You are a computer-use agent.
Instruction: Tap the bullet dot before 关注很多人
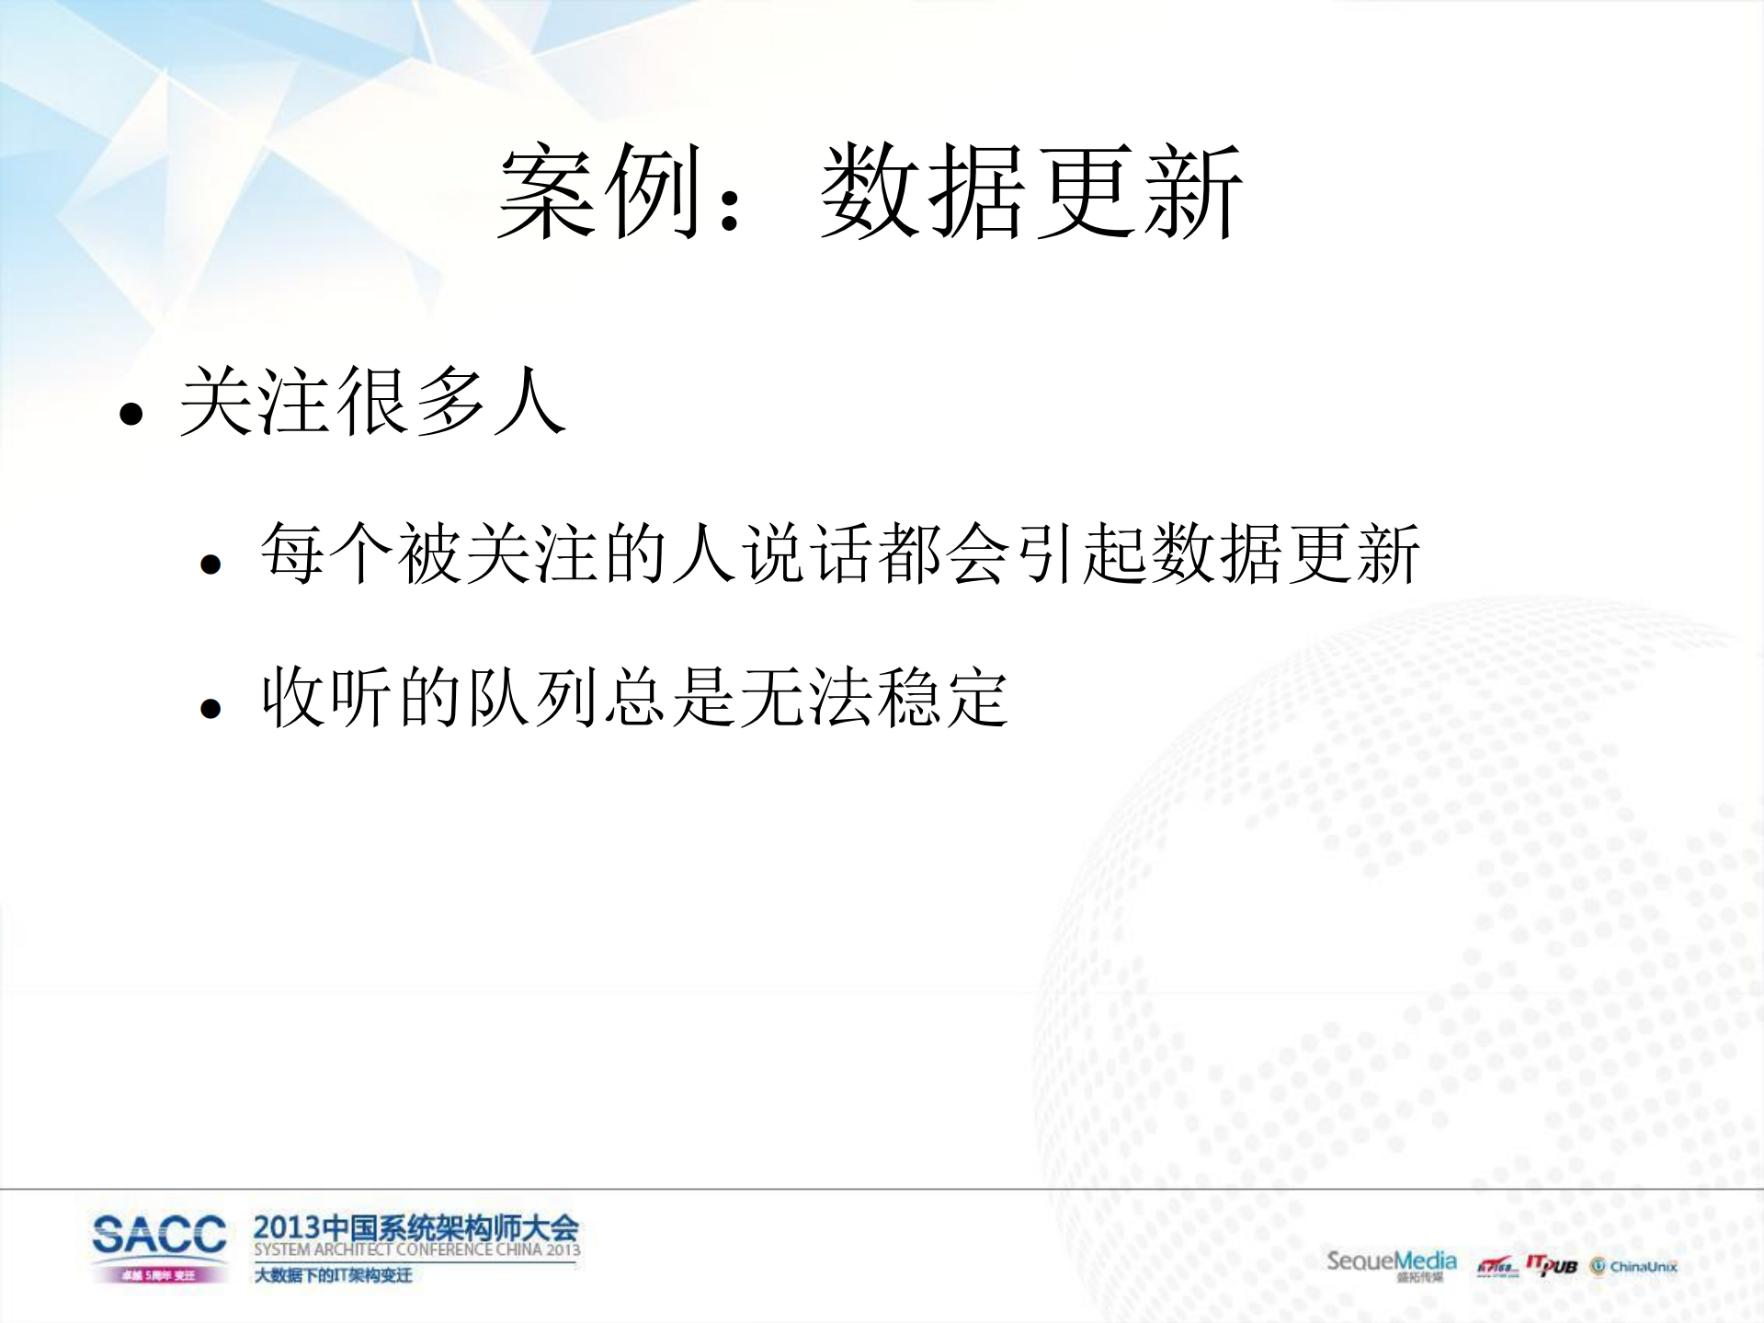pyautogui.click(x=131, y=414)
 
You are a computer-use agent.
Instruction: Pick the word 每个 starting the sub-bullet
pyautogui.click(x=327, y=553)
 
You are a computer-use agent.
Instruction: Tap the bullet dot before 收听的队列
pyautogui.click(x=211, y=708)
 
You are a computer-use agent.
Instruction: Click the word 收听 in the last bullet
pyautogui.click(x=327, y=698)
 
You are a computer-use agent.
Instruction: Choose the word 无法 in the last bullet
pyautogui.click(x=805, y=698)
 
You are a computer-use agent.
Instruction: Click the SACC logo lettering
pyautogui.click(x=159, y=1235)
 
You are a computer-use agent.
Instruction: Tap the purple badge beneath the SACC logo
pyautogui.click(x=159, y=1275)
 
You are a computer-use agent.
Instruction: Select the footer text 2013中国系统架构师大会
pyautogui.click(x=415, y=1227)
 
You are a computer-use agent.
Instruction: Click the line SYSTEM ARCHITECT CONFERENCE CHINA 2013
pyautogui.click(x=416, y=1250)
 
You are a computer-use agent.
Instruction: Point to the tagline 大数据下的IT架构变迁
pyautogui.click(x=333, y=1275)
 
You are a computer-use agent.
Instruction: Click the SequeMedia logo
pyautogui.click(x=1391, y=1262)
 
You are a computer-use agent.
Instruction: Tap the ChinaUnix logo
pyautogui.click(x=1634, y=1267)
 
